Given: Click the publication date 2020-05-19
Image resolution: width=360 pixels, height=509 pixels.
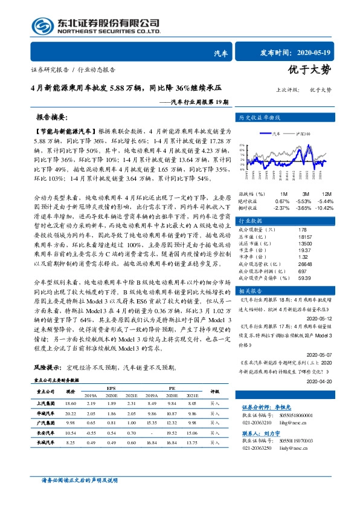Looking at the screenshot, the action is click(314, 53).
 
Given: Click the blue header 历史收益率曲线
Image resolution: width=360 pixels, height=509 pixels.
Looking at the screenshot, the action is click(260, 117).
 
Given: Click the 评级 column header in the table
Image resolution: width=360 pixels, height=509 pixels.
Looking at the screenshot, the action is click(214, 392).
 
